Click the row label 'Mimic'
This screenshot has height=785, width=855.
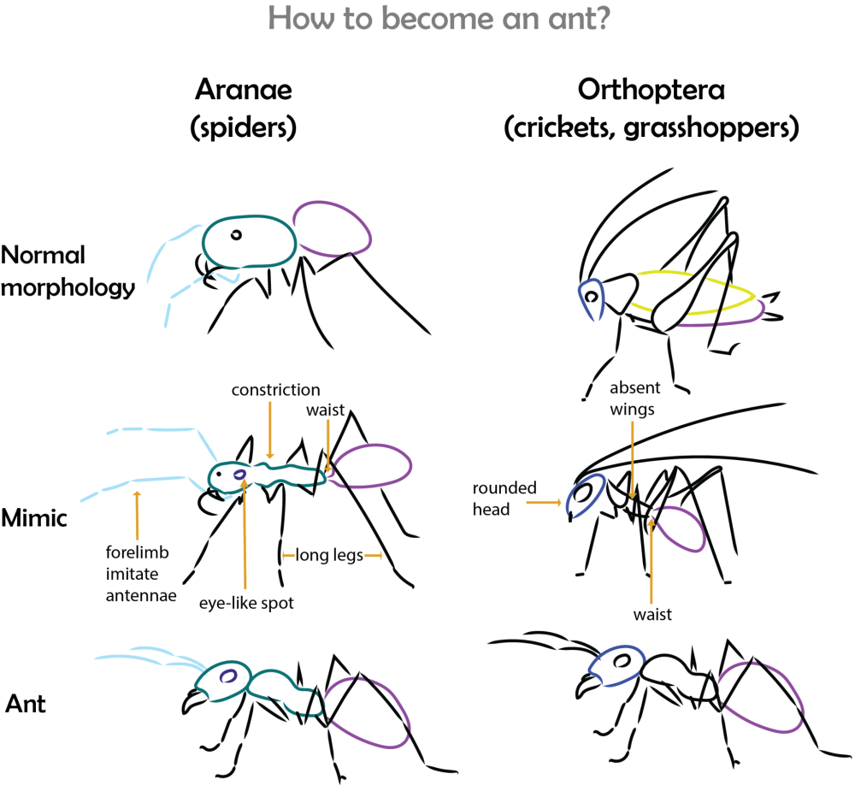35,516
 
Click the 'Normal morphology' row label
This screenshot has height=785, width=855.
68,271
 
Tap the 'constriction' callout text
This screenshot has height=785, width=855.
275,390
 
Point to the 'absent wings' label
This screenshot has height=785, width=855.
631,399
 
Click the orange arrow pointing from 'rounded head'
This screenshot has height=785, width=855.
544,505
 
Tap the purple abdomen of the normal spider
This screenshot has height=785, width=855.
333,227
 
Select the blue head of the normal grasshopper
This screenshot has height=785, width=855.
591,299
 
